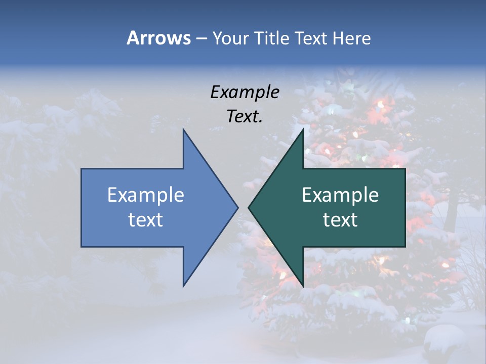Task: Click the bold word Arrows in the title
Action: [158, 38]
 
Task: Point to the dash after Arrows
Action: [201, 38]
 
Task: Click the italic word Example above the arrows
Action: [245, 92]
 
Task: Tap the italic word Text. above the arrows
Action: [245, 116]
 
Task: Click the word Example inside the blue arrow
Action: [146, 195]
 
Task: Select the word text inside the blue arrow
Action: [146, 220]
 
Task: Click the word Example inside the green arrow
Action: [340, 195]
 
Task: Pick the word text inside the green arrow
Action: [340, 220]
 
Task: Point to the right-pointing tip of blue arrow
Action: [237, 207]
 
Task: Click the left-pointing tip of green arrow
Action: [249, 207]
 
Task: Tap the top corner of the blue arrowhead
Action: [183, 129]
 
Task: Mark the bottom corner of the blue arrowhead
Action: [183, 286]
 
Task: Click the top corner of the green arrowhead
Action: [303, 129]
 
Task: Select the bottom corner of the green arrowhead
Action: [303, 286]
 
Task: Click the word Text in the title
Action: [311, 38]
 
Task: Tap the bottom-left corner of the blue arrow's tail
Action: [82, 246]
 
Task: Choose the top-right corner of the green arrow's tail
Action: [405, 169]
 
